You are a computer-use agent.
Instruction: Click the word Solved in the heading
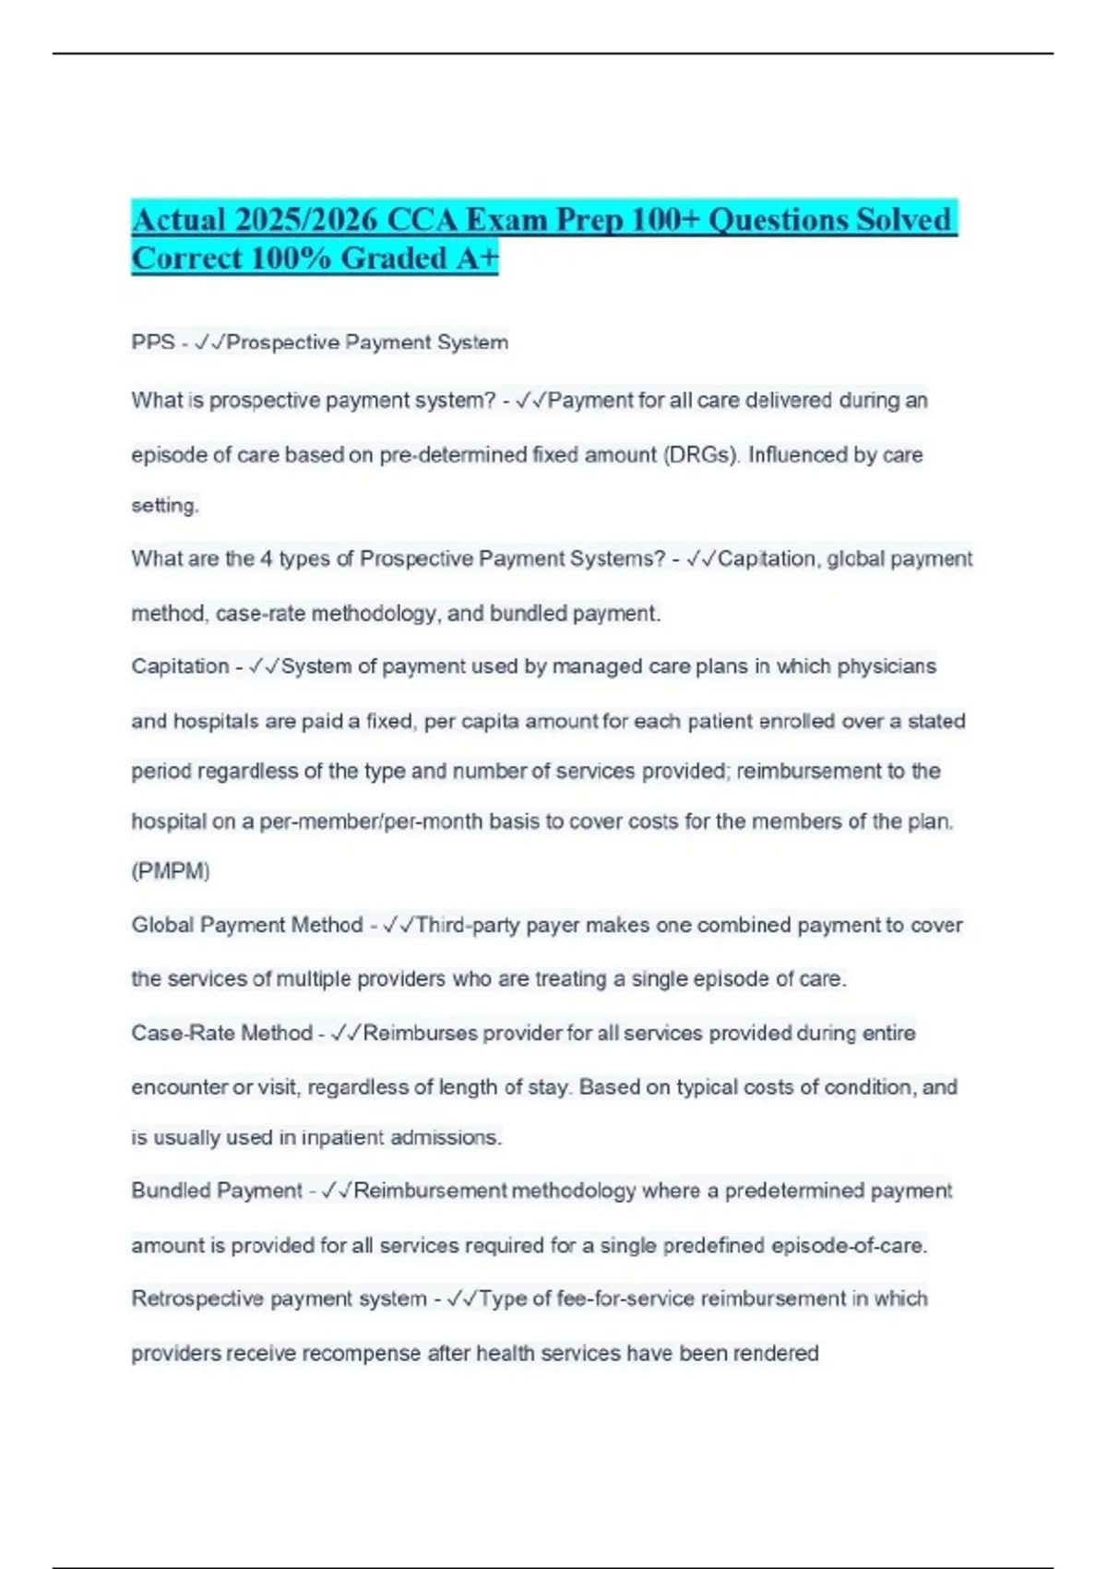click(903, 220)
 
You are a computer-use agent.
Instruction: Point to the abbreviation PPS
click(152, 342)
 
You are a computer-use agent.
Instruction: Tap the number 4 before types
click(266, 559)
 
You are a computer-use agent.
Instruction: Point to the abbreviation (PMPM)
click(171, 871)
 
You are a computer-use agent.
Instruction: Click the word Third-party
click(468, 925)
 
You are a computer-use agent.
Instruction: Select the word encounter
click(179, 1087)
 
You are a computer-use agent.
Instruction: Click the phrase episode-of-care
click(849, 1246)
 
